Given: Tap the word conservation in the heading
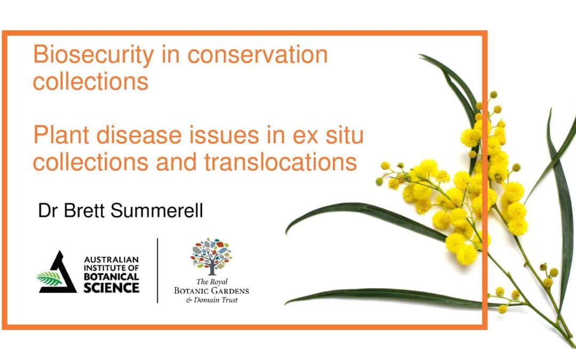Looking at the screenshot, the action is point(258,54).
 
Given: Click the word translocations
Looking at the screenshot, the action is point(281,162).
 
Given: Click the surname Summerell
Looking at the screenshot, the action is point(156,211).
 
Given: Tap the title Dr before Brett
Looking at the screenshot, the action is point(49,211).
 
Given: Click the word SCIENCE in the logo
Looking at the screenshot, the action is point(111,287).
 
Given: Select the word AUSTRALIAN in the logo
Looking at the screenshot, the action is point(111,259).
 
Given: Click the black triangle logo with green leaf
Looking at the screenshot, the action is point(57,274).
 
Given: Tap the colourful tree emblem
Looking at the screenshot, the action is point(211,257).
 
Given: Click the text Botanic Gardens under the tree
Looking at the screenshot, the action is point(211,291).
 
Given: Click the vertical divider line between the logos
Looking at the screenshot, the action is point(157,270).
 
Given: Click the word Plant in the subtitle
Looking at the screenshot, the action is point(61,135).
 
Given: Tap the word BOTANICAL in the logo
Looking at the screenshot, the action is point(111,276).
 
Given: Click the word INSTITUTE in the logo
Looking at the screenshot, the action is point(102,268).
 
